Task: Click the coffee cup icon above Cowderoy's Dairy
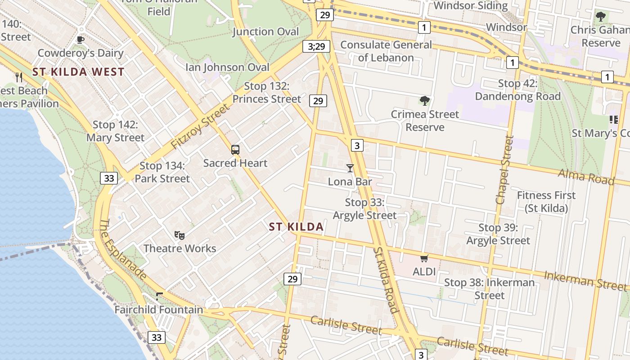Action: tap(81, 40)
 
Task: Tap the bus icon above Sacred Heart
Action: tap(235, 150)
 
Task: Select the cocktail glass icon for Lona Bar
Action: tap(350, 168)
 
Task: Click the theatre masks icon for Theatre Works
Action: tap(180, 235)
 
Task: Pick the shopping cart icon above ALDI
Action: tap(424, 258)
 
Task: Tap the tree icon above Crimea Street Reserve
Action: tap(424, 100)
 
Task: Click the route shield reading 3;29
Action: tap(316, 46)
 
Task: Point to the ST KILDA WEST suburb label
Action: tap(78, 72)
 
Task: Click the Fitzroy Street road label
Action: tap(200, 127)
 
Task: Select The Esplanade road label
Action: tap(122, 249)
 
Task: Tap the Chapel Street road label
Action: tap(504, 170)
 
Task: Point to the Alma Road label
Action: tap(586, 176)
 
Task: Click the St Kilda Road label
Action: tap(386, 279)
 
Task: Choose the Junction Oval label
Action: tap(265, 31)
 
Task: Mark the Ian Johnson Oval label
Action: tap(227, 67)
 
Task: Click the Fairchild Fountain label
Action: tap(158, 310)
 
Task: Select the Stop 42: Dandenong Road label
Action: tap(517, 90)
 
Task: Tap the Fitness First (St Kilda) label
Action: tap(546, 202)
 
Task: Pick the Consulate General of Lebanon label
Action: tap(386, 51)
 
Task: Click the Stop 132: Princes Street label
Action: tap(266, 92)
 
